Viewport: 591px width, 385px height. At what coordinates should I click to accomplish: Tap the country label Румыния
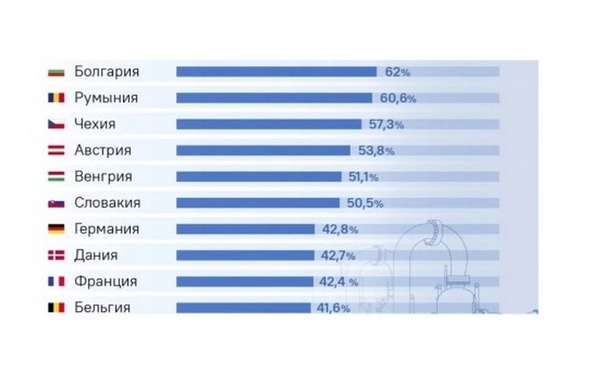[x=106, y=97]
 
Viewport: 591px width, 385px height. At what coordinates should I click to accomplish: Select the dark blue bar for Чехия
[x=271, y=124]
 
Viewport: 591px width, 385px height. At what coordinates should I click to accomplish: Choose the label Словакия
[x=107, y=203]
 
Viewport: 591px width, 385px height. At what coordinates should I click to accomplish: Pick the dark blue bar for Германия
[x=245, y=229]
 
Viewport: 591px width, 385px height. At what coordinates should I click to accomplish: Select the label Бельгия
[x=102, y=308]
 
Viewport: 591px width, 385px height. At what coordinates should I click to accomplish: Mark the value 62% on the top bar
[x=398, y=71]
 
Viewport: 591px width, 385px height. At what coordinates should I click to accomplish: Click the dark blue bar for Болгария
[x=276, y=71]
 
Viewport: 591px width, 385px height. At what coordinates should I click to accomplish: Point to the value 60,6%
[x=393, y=97]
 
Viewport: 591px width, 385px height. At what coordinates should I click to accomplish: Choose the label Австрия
[x=102, y=151]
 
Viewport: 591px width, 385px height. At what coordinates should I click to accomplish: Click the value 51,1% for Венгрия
[x=364, y=177]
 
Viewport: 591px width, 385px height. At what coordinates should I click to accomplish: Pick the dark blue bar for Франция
[x=245, y=282]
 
